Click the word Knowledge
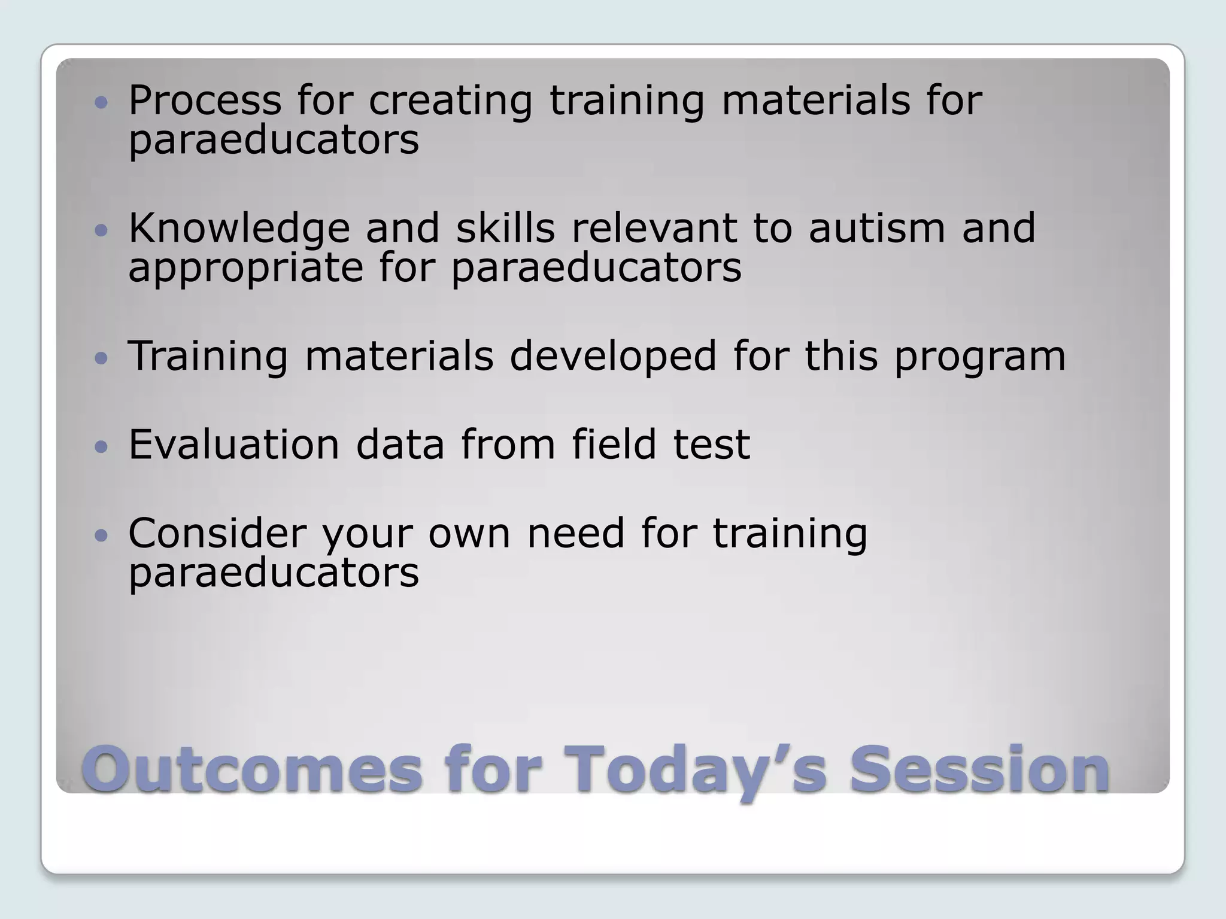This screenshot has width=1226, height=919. click(x=239, y=229)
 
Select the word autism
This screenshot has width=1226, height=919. click(x=876, y=229)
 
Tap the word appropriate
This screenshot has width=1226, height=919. click(x=245, y=267)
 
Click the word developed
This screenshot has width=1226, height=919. click(x=613, y=357)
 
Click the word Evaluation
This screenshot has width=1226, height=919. click(x=234, y=445)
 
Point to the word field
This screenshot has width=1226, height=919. click(x=614, y=445)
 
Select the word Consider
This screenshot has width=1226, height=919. click(x=217, y=533)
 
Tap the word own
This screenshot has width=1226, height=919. click(x=469, y=534)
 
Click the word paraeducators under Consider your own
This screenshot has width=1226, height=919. click(x=274, y=573)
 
